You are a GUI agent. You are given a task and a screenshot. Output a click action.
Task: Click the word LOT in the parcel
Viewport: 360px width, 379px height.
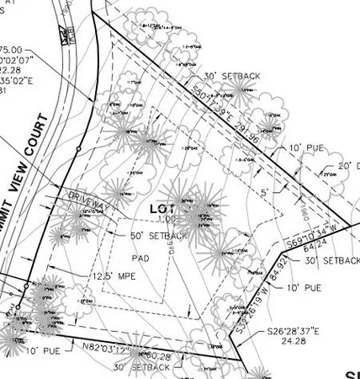tap(161, 208)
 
